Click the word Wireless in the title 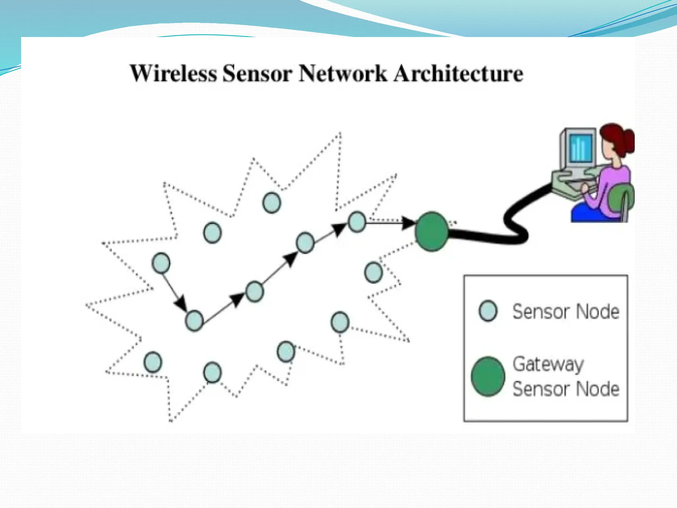173,73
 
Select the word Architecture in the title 458,73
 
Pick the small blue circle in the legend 488,311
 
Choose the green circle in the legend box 488,376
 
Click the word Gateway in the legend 548,364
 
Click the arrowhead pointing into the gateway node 409,223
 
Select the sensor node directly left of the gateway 357,222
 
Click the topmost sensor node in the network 272,202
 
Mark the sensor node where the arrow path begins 161,263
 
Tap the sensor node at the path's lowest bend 194,320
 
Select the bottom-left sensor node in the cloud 153,362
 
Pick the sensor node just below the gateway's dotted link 374,272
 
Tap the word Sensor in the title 257,73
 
